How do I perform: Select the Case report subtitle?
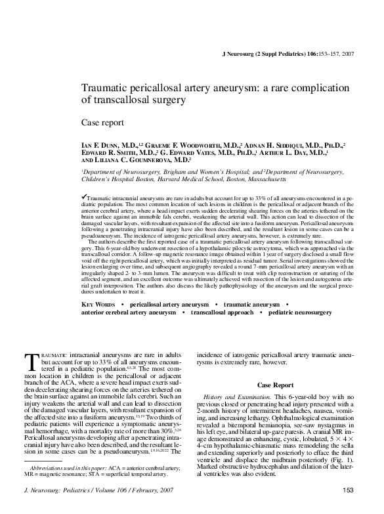point(100,122)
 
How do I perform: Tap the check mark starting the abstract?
point(83,196)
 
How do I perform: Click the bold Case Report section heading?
point(275,384)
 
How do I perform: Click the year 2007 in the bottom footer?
point(164,490)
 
